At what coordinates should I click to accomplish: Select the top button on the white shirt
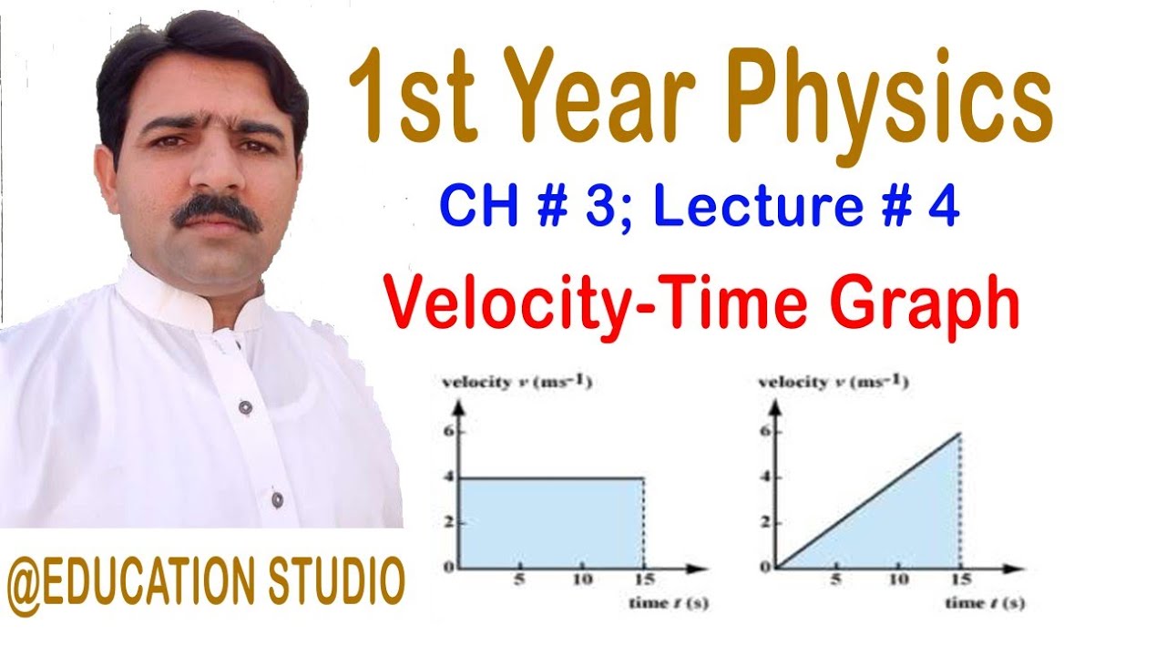pyautogui.click(x=245, y=407)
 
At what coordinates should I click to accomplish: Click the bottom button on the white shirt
pyautogui.click(x=277, y=499)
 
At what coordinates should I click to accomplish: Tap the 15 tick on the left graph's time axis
pyautogui.click(x=643, y=580)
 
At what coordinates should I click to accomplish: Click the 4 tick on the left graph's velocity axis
pyautogui.click(x=447, y=477)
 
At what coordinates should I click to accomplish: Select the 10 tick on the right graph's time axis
pyautogui.click(x=899, y=580)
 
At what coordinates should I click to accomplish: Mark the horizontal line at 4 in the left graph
pyautogui.click(x=547, y=477)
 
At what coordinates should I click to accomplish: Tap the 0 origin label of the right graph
pyautogui.click(x=763, y=568)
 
